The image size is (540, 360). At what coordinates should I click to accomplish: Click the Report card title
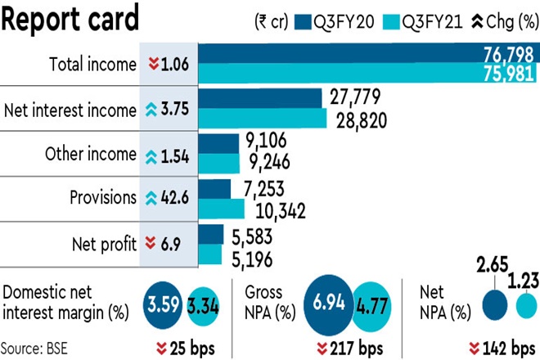click(70, 18)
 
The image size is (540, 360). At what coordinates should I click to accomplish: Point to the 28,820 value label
click(358, 121)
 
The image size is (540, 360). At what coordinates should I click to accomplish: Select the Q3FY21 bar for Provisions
click(222, 209)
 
